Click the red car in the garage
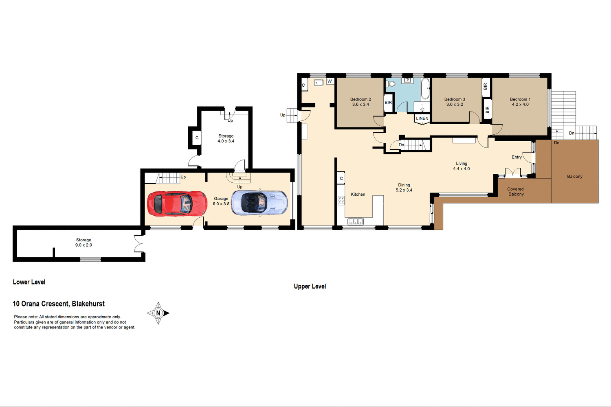pos(177,203)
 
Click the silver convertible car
pos(259,203)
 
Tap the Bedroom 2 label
pos(360,99)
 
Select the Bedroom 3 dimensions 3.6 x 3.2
pos(455,105)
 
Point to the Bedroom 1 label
pos(520,99)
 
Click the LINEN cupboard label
pos(422,118)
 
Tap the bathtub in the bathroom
pos(425,89)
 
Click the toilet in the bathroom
pos(391,84)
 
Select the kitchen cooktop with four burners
pos(341,200)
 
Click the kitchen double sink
pos(355,221)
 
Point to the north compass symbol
pos(158,313)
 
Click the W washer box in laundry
pos(330,81)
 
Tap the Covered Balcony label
pos(516,192)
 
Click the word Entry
pos(516,157)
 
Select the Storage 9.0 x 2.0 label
pos(84,243)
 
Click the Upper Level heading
pos(310,287)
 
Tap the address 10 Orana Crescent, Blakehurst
pos(59,304)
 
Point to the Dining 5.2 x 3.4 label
pos(404,188)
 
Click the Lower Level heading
pos(29,282)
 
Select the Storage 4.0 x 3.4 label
pos(226,138)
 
